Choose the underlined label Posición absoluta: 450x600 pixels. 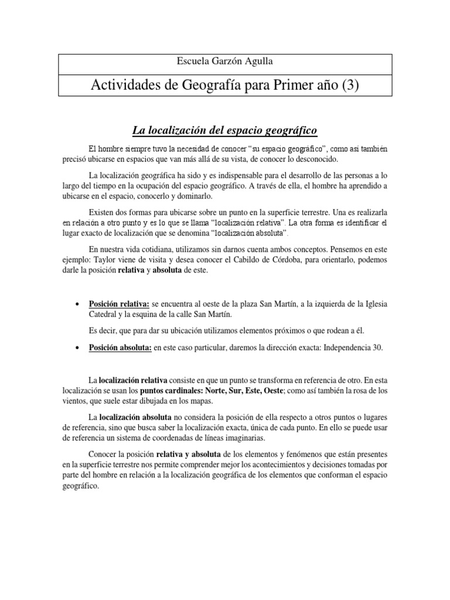pos(120,347)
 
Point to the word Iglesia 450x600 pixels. pos(373,304)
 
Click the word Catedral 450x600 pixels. pos(104,314)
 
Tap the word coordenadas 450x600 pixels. pos(174,438)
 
